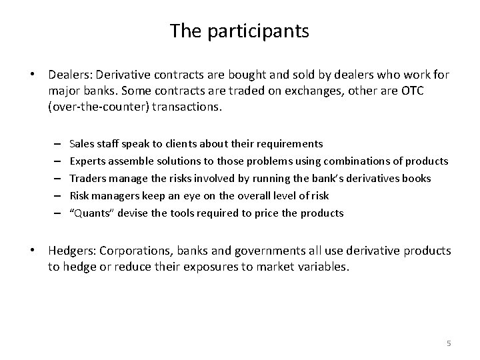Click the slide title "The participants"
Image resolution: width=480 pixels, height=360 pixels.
(239, 31)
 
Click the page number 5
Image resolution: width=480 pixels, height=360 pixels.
(449, 343)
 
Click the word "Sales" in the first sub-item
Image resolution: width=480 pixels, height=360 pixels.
(81, 143)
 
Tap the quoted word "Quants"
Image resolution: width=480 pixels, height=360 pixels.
(89, 213)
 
